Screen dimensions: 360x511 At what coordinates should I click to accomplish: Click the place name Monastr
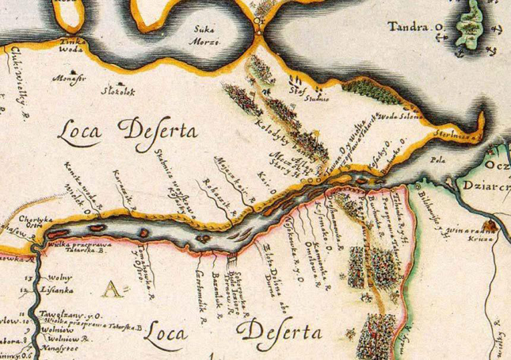[x=68, y=79]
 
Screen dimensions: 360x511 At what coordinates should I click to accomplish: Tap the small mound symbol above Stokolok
[x=119, y=82]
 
